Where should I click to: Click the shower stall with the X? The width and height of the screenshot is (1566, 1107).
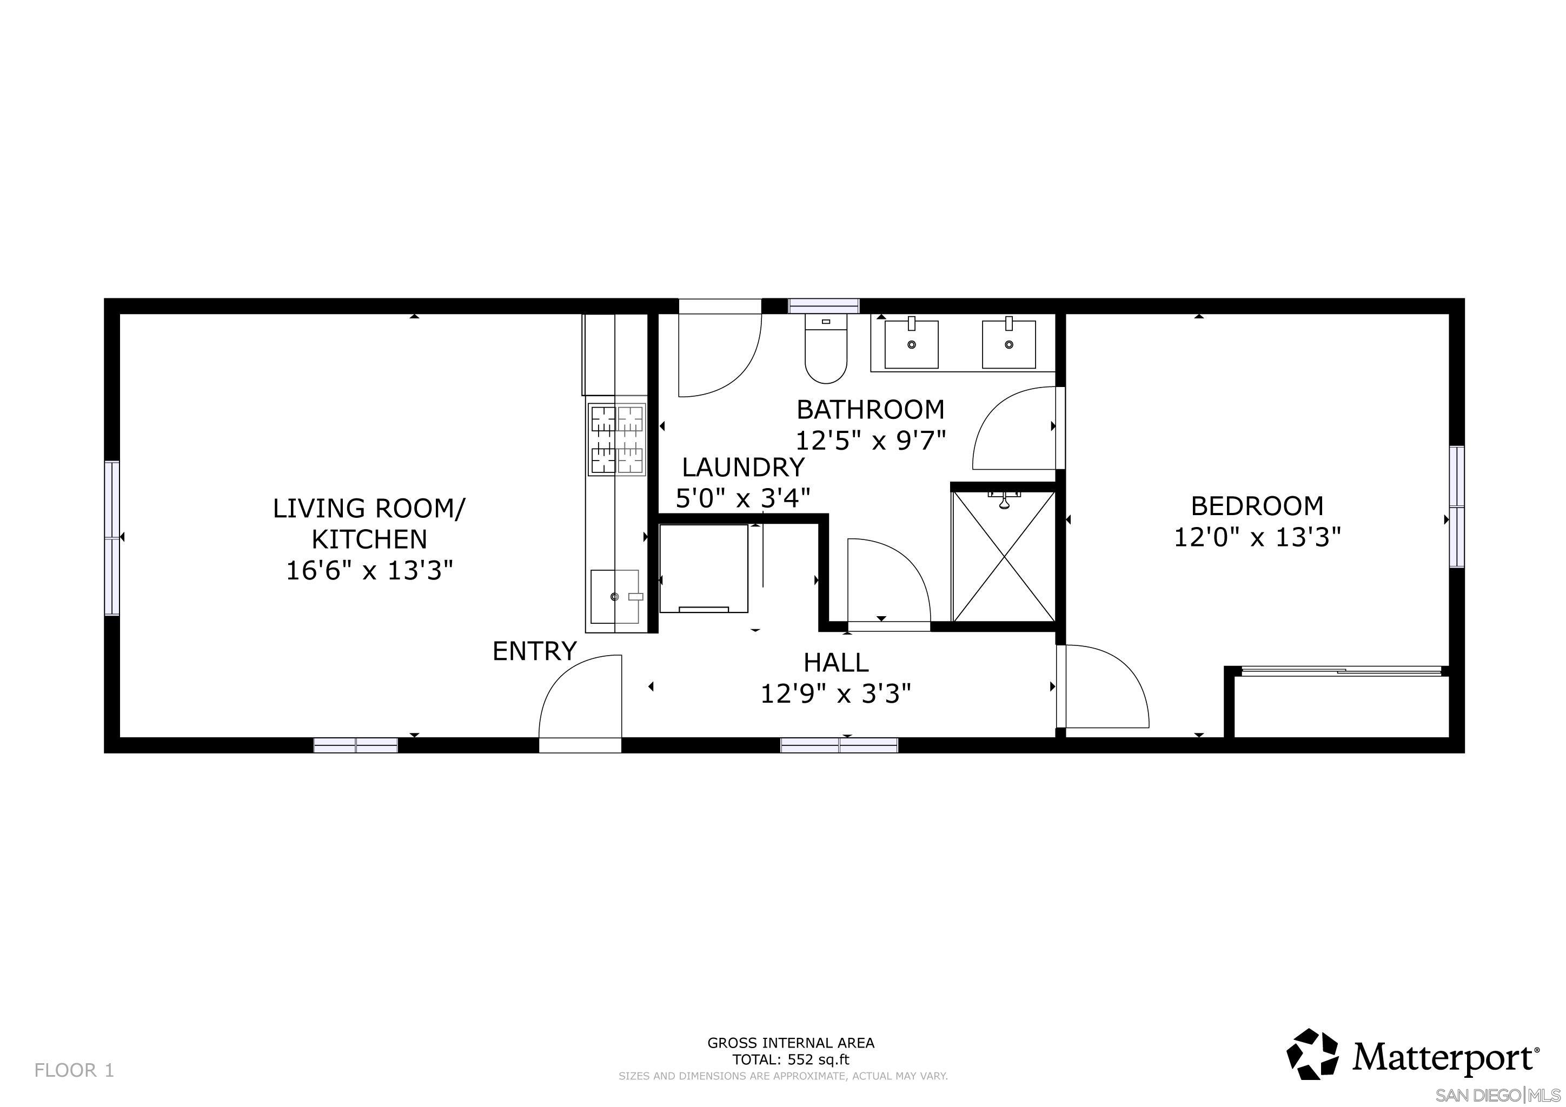1003,557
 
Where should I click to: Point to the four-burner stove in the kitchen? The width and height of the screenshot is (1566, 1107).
616,439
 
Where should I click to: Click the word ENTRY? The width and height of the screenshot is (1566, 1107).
534,652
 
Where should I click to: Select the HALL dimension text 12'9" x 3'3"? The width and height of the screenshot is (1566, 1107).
835,695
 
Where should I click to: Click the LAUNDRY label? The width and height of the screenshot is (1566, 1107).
743,468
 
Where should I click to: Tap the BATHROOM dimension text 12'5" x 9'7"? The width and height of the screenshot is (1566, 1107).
871,441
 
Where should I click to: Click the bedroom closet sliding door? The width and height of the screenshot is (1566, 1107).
1342,672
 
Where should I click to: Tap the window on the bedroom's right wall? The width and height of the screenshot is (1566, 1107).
1456,506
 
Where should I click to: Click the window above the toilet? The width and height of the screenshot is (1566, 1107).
823,306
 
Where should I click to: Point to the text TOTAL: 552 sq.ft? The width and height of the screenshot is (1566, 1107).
791,1060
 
